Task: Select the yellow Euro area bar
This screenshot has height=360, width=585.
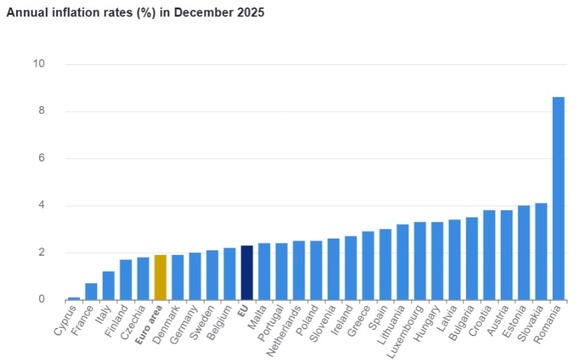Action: tap(160, 277)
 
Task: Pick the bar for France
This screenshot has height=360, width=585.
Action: tap(91, 291)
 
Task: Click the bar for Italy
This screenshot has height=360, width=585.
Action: tap(108, 285)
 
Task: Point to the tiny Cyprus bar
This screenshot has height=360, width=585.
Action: tap(74, 298)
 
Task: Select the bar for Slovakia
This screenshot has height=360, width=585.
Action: tap(541, 251)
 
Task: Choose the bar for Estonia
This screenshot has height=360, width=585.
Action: tap(523, 252)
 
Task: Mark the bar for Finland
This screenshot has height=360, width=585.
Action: tap(125, 279)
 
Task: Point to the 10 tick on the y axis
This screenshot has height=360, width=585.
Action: tap(39, 64)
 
